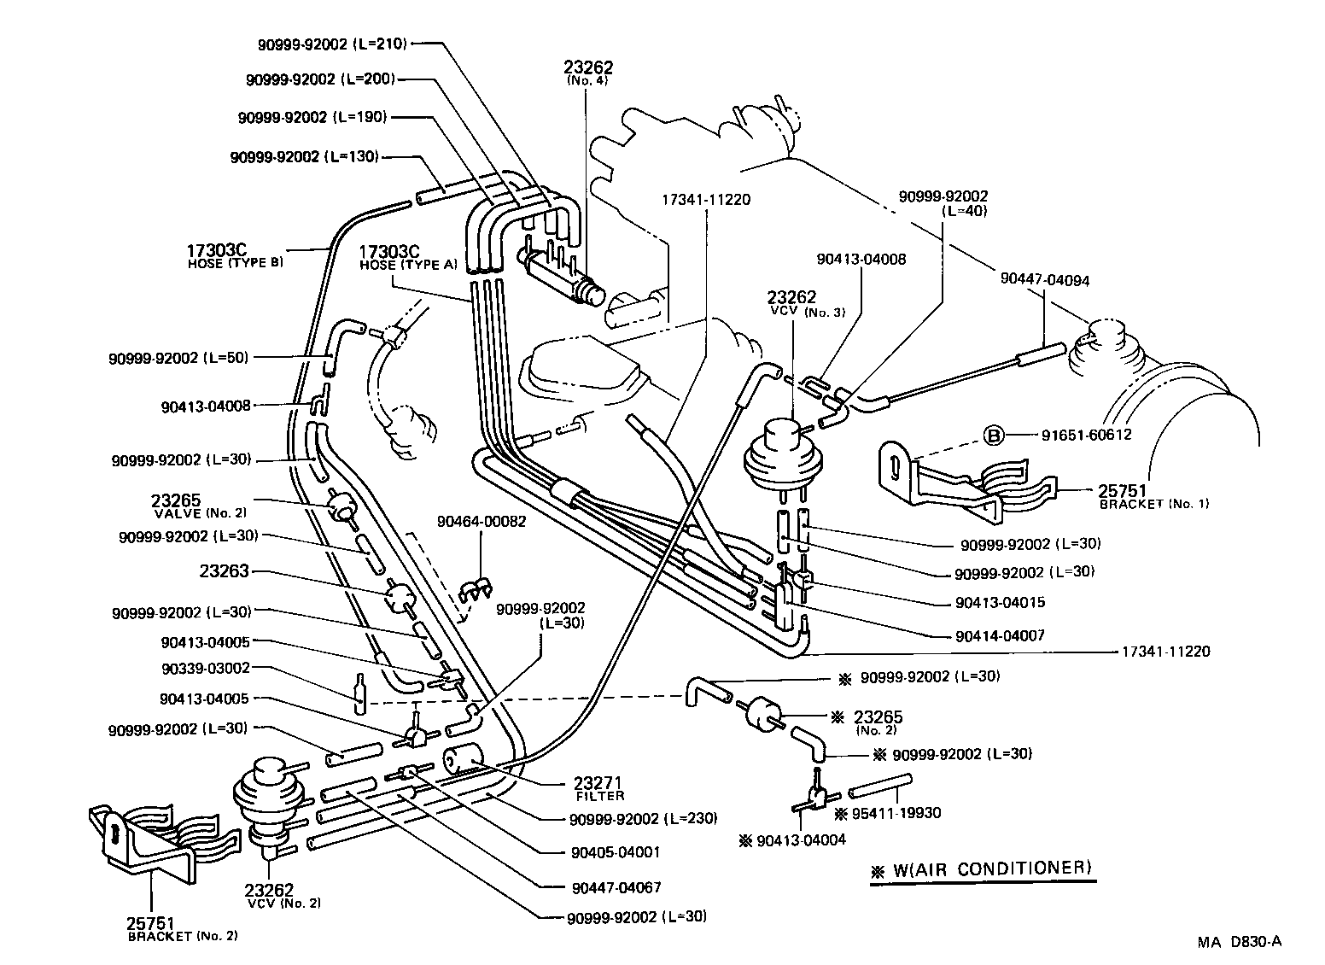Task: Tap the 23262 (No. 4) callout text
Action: [588, 72]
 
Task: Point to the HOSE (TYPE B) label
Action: [235, 263]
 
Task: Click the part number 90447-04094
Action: [1045, 279]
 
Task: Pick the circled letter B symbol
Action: [994, 435]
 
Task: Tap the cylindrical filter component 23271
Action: [462, 758]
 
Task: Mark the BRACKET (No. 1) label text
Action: [1153, 504]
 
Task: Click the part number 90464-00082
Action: [482, 521]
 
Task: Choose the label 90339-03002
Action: [205, 669]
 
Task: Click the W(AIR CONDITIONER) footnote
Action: [982, 869]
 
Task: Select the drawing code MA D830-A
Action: [1239, 942]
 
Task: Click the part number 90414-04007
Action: [1000, 635]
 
